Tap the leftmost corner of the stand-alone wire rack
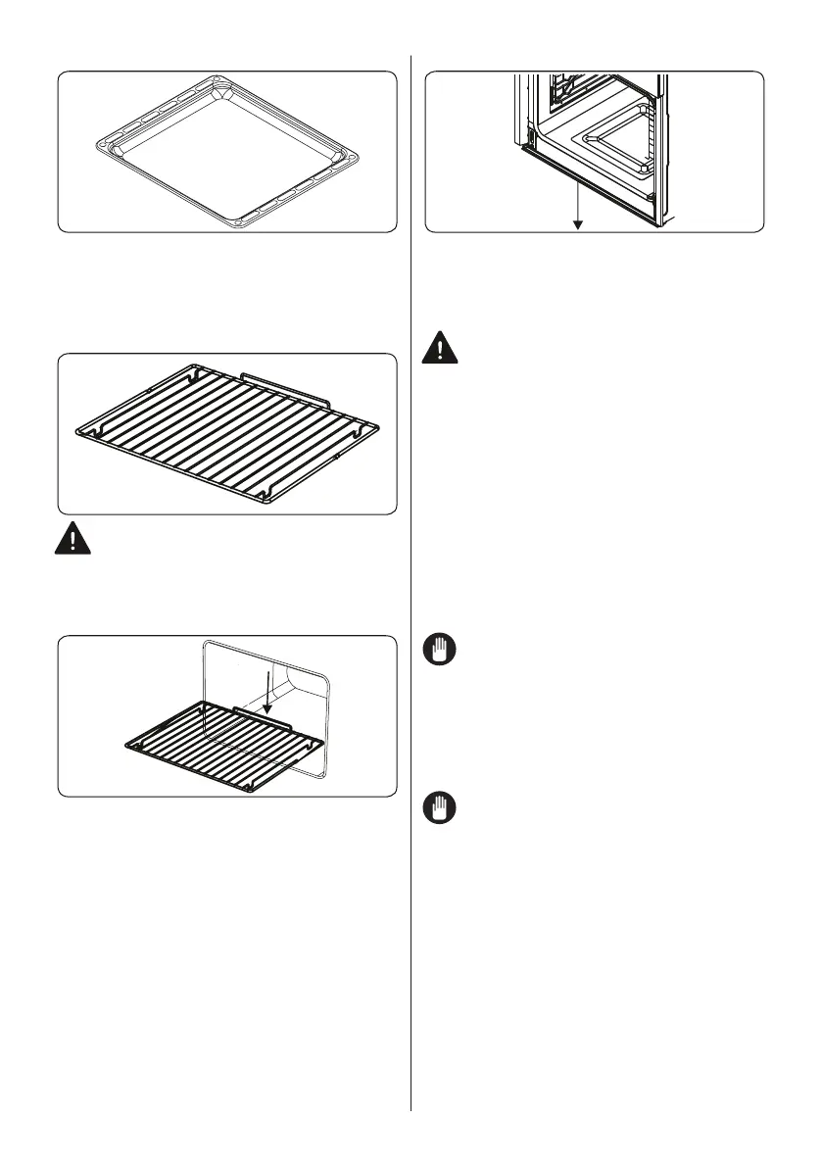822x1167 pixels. coord(79,430)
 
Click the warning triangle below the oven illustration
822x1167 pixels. coord(443,351)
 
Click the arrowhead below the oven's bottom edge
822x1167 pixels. coord(578,224)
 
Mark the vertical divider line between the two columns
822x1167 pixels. coord(411,588)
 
